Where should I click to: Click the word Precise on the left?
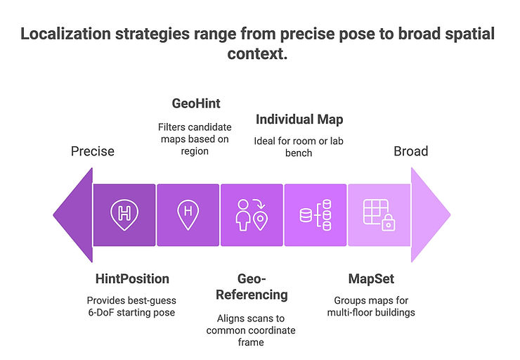point(93,151)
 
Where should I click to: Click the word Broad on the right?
point(410,151)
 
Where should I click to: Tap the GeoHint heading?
point(196,103)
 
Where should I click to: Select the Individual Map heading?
point(299,119)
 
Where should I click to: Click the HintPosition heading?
point(132,279)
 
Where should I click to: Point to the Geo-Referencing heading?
point(251,286)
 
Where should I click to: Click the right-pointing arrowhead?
point(429,214)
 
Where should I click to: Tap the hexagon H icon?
point(124,214)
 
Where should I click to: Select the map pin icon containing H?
point(188,214)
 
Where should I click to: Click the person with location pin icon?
point(252,214)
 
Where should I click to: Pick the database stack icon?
point(315,214)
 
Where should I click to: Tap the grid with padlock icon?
point(379,214)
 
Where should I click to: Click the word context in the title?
point(258,54)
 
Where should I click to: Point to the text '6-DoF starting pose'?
point(132,312)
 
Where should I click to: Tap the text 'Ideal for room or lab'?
point(299,141)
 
